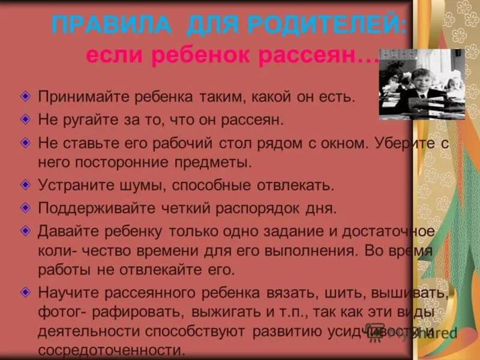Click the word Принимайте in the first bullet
(x=80, y=97)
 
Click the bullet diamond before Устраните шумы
(x=25, y=184)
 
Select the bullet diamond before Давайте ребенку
(x=25, y=230)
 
